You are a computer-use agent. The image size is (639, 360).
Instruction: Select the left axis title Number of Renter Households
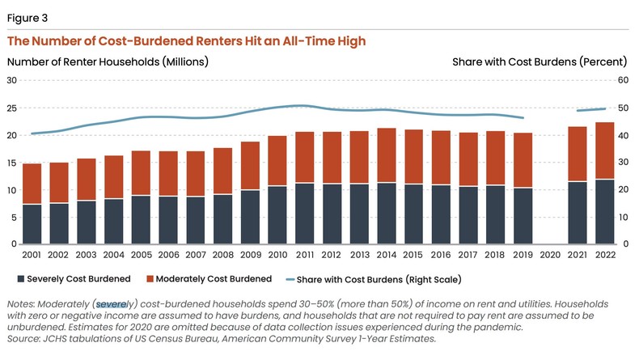108,61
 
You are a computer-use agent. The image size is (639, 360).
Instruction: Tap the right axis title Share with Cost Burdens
539,61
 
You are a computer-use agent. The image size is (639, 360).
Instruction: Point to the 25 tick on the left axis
13,108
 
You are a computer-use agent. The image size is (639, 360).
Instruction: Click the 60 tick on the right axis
624,80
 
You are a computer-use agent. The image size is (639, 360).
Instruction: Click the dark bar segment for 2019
523,216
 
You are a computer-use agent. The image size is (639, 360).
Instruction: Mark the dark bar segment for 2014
387,214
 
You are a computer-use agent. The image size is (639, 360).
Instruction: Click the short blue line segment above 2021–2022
590,109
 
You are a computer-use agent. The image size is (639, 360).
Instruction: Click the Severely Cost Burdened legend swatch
20,279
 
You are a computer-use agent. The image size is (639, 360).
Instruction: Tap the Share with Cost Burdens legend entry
395,279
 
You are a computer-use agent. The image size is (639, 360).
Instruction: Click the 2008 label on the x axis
223,255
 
